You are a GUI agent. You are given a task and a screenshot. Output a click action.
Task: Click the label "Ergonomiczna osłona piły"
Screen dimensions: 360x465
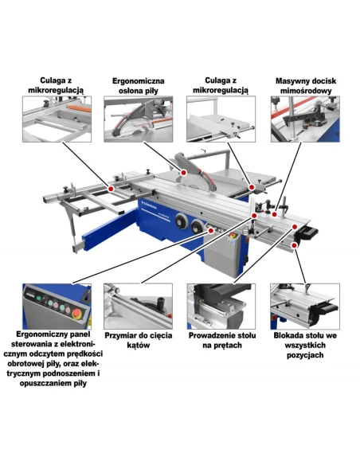[x=139, y=85]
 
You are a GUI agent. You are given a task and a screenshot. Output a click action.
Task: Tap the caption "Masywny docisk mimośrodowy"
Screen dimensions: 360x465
[x=305, y=85]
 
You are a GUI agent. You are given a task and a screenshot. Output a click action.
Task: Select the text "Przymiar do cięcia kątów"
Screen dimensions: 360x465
[x=139, y=340]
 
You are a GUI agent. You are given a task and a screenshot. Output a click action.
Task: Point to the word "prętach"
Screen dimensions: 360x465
[x=228, y=346]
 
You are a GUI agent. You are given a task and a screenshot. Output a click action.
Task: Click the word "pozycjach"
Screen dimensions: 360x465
[x=305, y=354]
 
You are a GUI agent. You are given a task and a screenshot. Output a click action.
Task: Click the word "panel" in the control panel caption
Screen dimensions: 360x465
[x=78, y=334]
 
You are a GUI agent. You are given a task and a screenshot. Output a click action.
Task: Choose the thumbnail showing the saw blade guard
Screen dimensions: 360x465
[x=139, y=119]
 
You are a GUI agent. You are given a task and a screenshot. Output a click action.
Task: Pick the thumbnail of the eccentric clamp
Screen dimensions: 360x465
[x=305, y=119]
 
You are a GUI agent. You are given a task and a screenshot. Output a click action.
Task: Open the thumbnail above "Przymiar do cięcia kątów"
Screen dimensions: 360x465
[x=139, y=306]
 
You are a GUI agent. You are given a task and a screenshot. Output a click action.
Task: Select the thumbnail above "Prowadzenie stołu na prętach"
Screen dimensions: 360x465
[x=221, y=306]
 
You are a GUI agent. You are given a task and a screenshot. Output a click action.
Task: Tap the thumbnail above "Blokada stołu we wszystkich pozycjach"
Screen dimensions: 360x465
[x=305, y=306]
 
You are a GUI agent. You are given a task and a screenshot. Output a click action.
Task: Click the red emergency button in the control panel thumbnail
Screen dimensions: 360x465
[x=76, y=313]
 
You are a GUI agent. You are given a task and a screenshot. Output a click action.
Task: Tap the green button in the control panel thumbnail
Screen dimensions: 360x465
[x=38, y=299]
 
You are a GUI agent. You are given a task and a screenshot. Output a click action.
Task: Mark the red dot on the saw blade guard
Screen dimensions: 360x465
[x=183, y=172]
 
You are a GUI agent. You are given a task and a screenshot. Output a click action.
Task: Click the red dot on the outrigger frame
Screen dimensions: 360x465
[x=111, y=189]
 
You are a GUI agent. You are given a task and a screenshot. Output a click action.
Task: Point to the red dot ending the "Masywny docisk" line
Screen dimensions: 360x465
[x=275, y=214]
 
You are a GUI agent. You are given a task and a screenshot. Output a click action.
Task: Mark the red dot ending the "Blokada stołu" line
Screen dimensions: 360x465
[x=294, y=245]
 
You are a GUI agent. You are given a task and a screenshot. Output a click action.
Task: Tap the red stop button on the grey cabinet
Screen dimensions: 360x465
[x=232, y=235]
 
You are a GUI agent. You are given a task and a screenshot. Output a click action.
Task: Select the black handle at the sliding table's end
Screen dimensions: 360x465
[x=308, y=233]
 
